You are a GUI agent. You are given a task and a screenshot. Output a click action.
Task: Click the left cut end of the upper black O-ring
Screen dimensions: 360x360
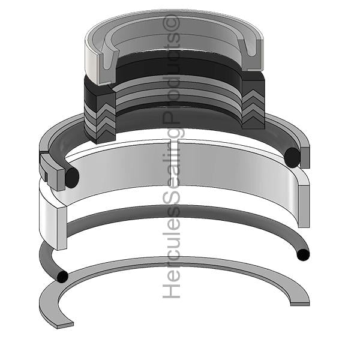(x=72, y=178)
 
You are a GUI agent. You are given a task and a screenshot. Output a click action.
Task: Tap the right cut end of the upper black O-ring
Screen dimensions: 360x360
(x=292, y=157)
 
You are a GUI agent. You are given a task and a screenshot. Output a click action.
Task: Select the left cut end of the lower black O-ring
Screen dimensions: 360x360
(x=62, y=277)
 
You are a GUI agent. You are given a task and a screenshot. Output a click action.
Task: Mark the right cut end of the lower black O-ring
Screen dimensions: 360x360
(x=303, y=255)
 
